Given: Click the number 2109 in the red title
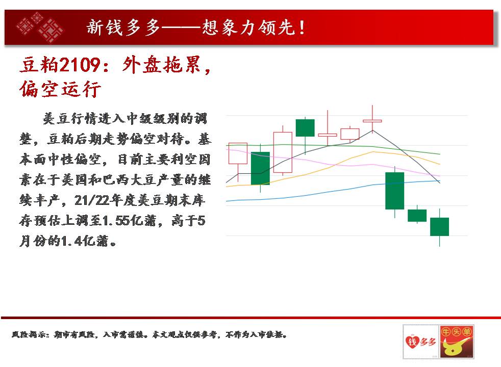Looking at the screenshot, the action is (80, 65).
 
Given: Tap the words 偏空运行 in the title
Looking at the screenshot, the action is (60, 89).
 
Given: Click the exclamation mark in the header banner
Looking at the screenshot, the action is (302, 27).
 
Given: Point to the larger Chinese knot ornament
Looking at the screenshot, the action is (51, 30).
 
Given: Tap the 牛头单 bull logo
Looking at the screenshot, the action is (456, 342).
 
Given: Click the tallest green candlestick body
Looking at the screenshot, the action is (394, 191).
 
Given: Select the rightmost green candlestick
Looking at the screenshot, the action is (439, 227).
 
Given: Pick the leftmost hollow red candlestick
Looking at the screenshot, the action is (238, 153).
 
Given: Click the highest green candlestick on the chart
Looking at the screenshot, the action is (305, 128).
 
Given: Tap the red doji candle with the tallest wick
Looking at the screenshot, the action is (372, 121).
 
